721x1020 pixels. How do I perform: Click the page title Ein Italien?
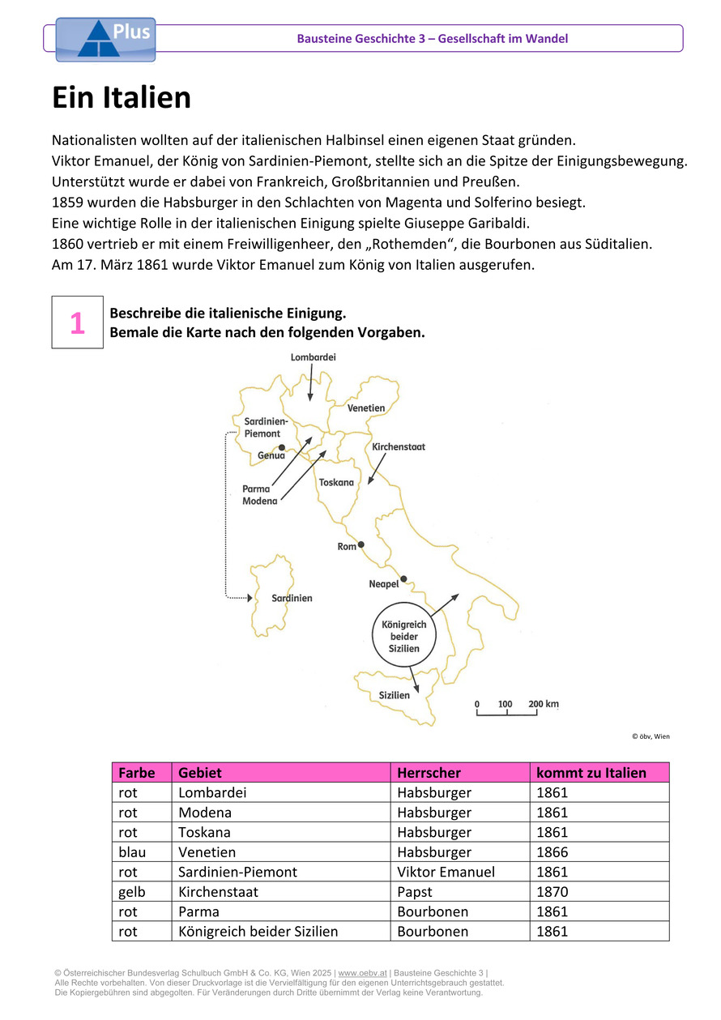pyautogui.click(x=122, y=98)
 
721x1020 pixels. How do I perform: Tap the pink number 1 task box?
pyautogui.click(x=77, y=322)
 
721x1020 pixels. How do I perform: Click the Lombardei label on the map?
pyautogui.click(x=313, y=356)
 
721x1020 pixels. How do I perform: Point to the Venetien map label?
pyautogui.click(x=366, y=408)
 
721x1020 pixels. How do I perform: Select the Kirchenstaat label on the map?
pyautogui.click(x=399, y=446)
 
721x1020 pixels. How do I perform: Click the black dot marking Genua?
pyautogui.click(x=281, y=447)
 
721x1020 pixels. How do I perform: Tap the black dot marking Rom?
pyautogui.click(x=360, y=544)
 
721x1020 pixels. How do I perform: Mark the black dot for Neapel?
pyautogui.click(x=403, y=578)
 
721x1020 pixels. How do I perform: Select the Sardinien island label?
pyautogui.click(x=292, y=598)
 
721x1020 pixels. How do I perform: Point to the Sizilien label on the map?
pyautogui.click(x=395, y=695)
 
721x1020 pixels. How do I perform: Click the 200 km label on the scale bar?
pyautogui.click(x=544, y=704)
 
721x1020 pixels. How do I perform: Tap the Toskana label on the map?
pyautogui.click(x=337, y=482)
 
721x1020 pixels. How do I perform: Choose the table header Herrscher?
pyautogui.click(x=429, y=773)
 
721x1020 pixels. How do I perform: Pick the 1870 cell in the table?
pyautogui.click(x=552, y=892)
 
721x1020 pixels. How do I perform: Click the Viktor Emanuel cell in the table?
pyautogui.click(x=446, y=872)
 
